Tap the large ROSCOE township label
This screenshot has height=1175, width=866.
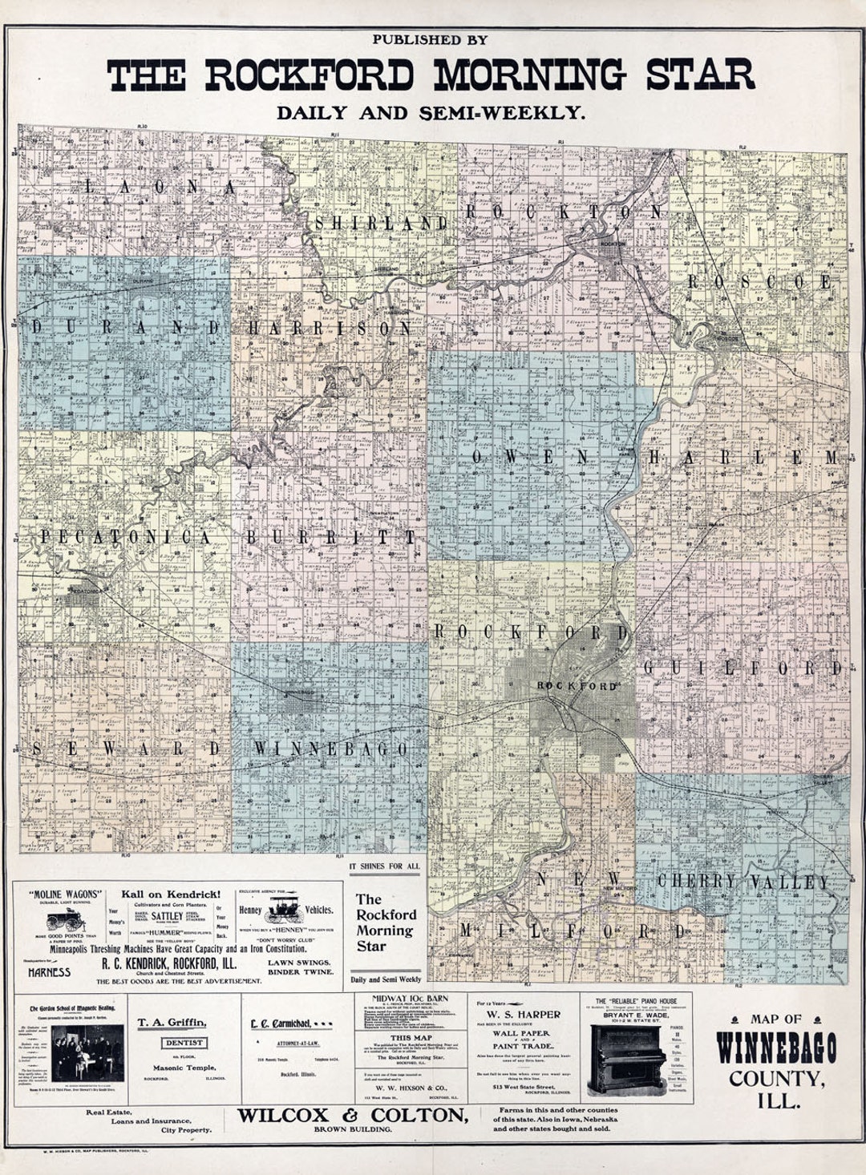759,282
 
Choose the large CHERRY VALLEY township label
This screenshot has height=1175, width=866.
743,882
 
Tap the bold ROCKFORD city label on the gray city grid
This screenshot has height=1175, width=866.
577,687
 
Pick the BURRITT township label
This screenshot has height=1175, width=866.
331,538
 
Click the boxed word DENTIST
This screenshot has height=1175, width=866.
184,1043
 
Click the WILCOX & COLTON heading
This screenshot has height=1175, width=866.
352,1115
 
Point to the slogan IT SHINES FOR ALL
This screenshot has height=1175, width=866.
384,866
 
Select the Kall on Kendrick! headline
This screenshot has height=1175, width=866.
171,894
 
